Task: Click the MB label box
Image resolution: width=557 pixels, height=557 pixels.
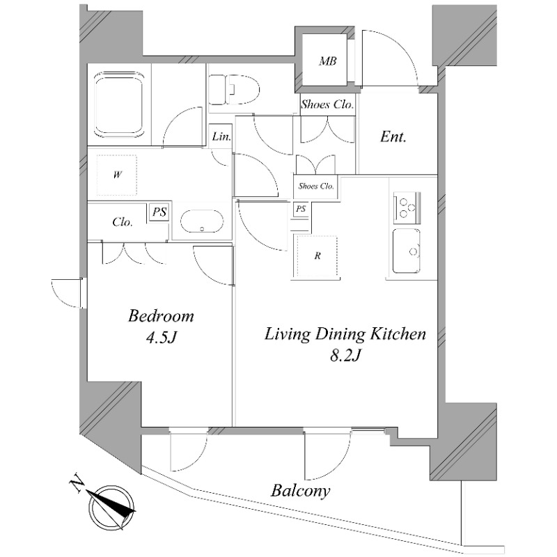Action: pos(328,62)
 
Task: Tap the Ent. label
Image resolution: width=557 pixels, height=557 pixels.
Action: pos(393,137)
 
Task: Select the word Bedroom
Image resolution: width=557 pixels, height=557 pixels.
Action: pos(161,317)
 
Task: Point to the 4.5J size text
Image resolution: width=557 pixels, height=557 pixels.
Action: pos(161,339)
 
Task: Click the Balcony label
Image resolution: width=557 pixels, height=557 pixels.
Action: pos(300,490)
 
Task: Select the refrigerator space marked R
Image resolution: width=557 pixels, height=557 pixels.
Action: pos(317,256)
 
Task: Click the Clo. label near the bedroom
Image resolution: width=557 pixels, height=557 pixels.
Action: pos(123,223)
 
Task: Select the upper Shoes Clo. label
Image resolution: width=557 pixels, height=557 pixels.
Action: pos(327,105)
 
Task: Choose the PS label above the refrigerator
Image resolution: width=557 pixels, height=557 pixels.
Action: pos(301,208)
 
